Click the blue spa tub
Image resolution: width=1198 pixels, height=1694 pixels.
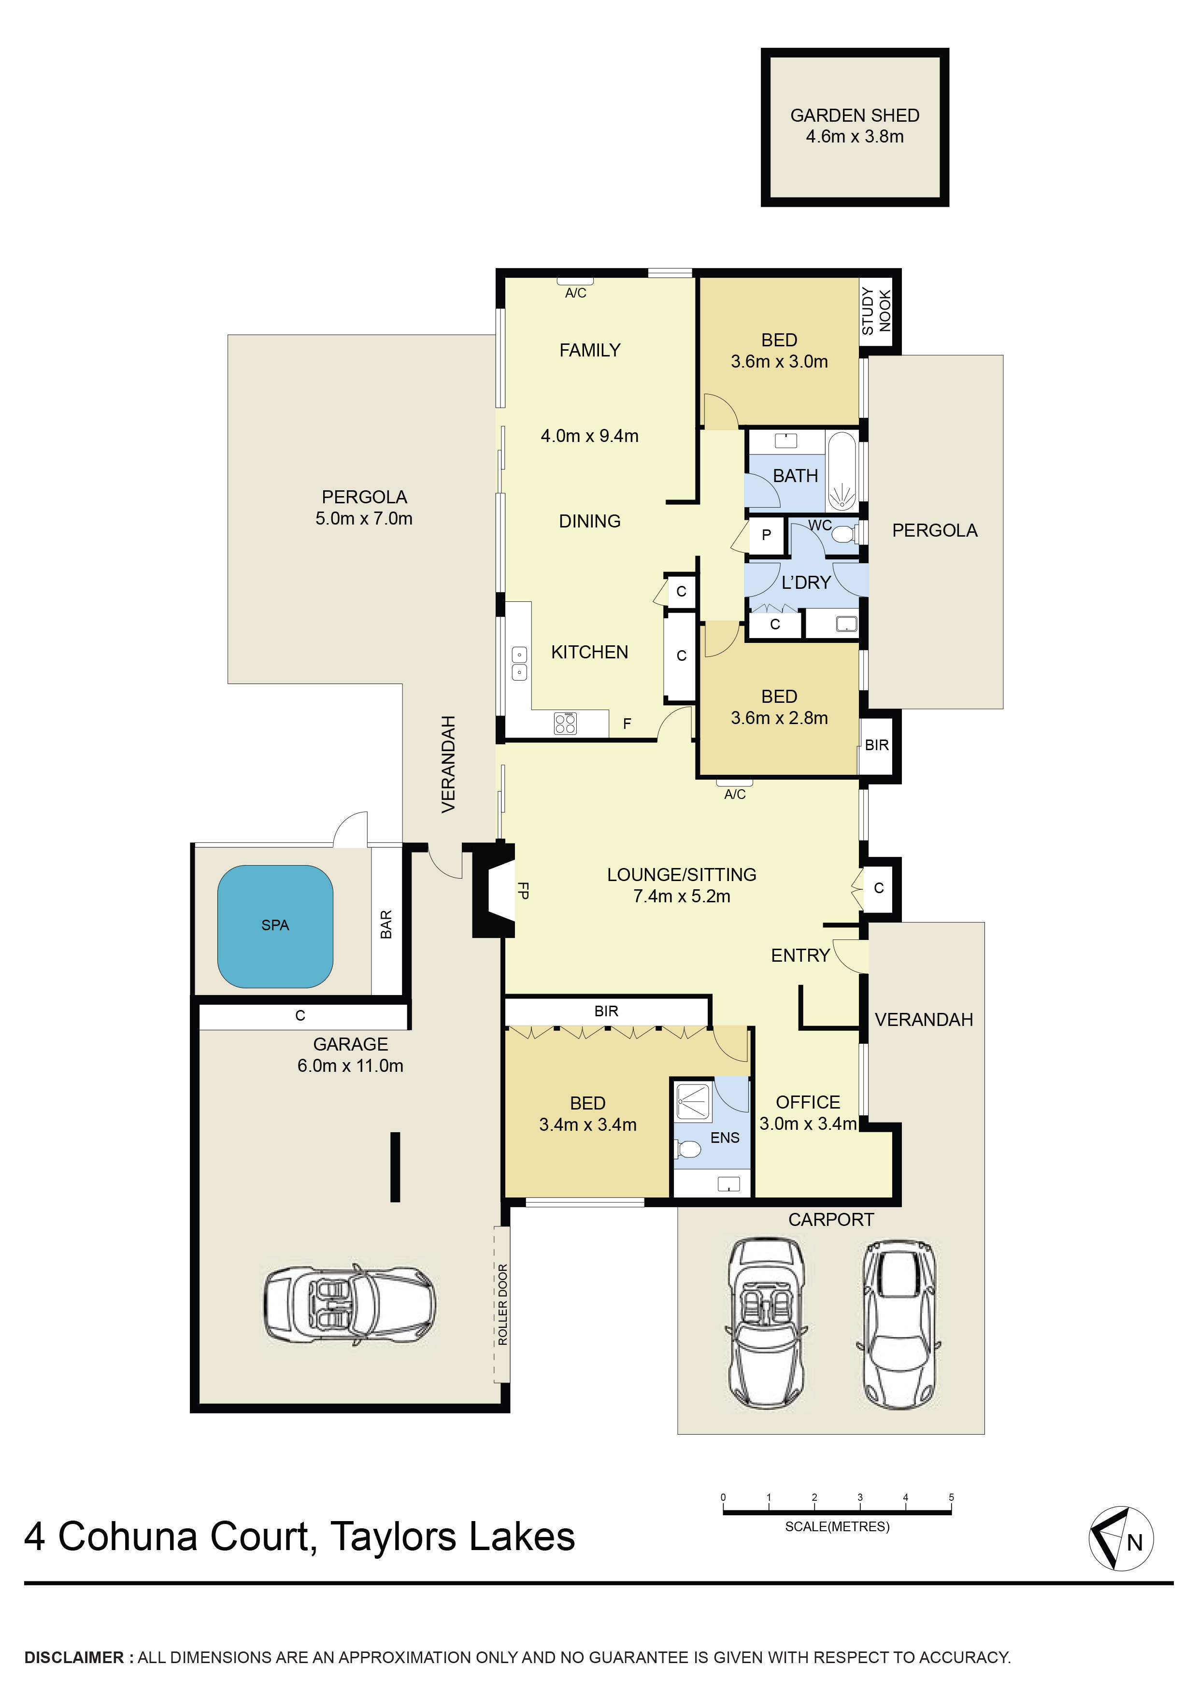point(275,926)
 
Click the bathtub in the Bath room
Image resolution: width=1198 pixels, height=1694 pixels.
point(841,472)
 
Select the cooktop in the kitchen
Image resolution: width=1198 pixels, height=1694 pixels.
point(565,723)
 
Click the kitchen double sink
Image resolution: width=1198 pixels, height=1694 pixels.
point(519,663)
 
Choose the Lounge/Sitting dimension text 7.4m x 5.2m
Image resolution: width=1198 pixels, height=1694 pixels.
point(682,897)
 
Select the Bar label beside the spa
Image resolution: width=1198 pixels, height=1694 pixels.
point(386,925)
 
